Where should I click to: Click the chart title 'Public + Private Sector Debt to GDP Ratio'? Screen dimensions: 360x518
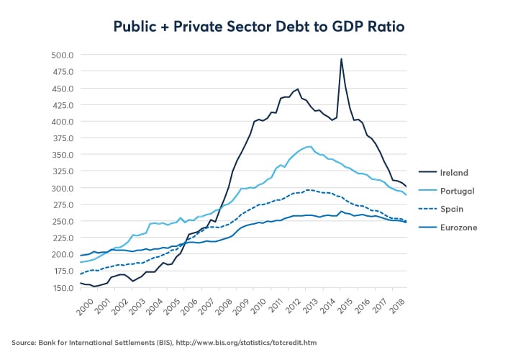point(259,27)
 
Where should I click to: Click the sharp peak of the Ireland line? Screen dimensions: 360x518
point(341,58)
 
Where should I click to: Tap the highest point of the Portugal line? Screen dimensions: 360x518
point(309,147)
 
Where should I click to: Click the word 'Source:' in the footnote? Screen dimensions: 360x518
point(26,342)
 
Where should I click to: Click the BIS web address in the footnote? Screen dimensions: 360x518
point(266,342)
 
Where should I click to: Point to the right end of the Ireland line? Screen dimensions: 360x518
point(406,186)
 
